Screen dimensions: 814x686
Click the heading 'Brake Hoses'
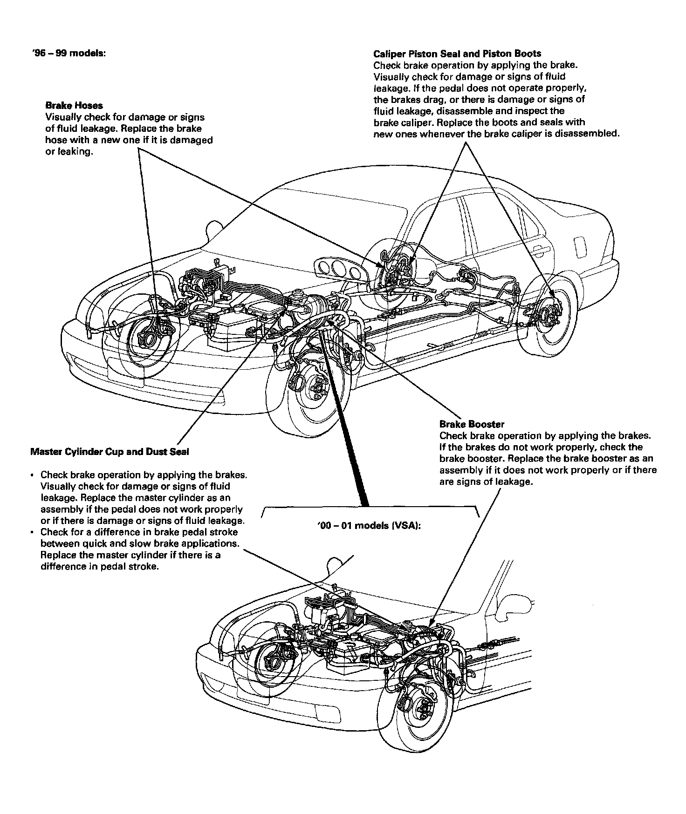tap(74, 106)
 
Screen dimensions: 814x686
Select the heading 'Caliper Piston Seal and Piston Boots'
tap(457, 54)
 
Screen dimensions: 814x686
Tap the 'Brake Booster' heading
tap(472, 424)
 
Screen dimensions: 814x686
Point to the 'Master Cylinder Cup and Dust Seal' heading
tap(110, 451)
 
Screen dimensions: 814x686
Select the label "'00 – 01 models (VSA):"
tap(369, 526)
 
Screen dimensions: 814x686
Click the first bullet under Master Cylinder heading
tap(31, 475)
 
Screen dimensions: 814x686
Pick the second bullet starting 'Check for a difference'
tap(31, 532)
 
